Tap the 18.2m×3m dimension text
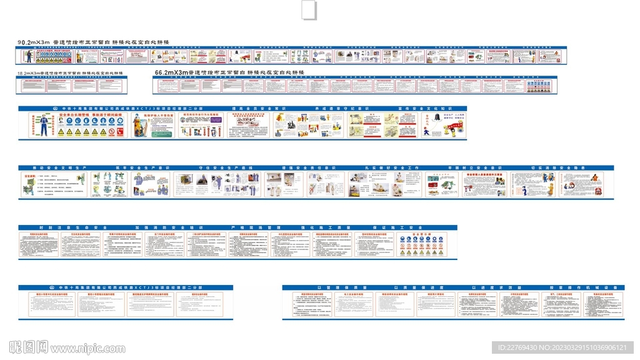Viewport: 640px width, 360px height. pyautogui.click(x=29, y=73)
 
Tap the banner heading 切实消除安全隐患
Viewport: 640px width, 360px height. pyautogui.click(x=551, y=168)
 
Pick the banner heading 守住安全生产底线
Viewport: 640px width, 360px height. pyautogui.click(x=221, y=168)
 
